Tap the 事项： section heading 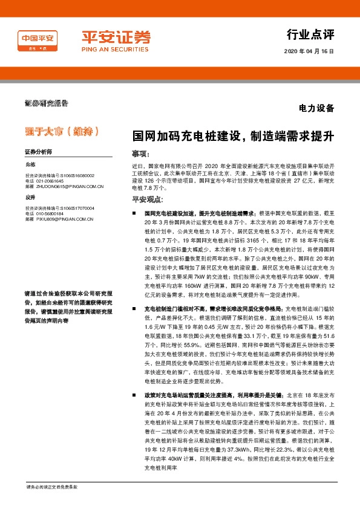tap(140, 155)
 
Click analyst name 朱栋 tap(31, 164)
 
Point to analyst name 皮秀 tap(31, 197)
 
